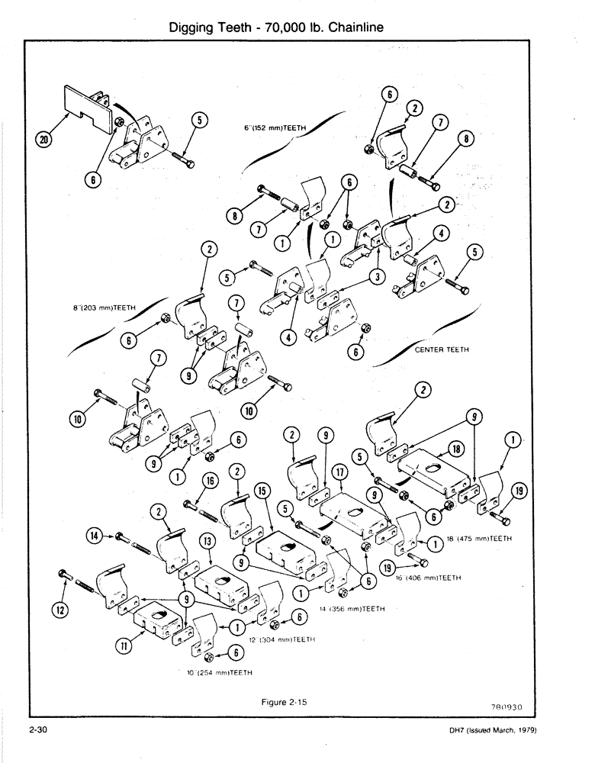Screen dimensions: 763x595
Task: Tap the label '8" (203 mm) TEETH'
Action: click(x=100, y=307)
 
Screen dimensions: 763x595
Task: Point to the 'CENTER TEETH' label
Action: click(x=442, y=351)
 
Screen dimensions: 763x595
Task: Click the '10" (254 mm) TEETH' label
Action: click(x=220, y=673)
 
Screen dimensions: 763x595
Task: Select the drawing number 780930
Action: click(x=526, y=707)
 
